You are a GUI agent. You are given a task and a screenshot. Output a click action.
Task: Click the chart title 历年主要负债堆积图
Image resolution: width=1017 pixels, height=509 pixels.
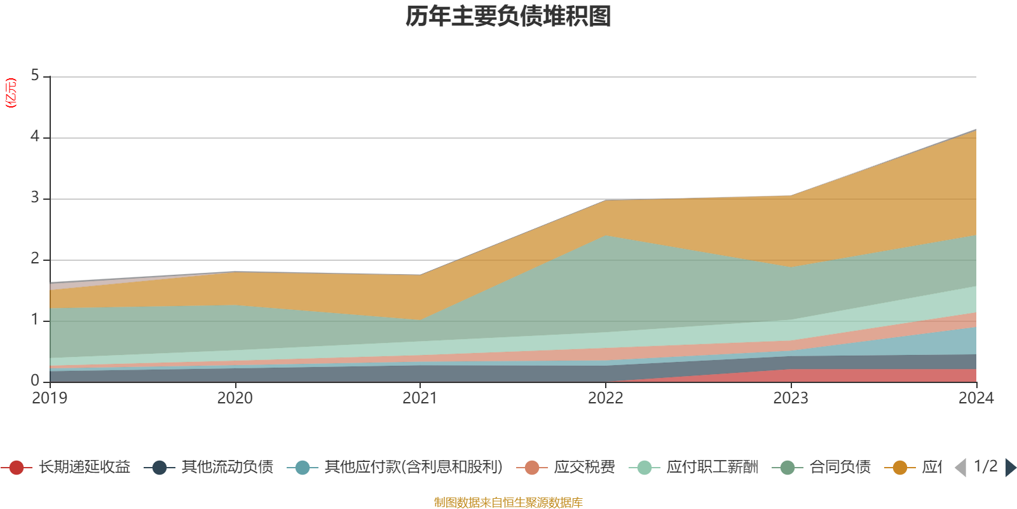tap(508, 17)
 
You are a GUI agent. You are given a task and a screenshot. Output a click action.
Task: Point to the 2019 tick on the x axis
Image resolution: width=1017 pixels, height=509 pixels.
tap(50, 398)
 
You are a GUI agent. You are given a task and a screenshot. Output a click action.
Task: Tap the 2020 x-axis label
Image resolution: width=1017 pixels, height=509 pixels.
tap(235, 398)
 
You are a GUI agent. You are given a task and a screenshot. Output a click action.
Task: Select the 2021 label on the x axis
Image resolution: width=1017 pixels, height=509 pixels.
tap(420, 398)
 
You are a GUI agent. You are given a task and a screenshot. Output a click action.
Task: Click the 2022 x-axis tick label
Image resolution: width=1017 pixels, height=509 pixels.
tap(606, 398)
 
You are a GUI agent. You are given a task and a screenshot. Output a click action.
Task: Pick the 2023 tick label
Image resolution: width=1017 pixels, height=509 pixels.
tap(791, 398)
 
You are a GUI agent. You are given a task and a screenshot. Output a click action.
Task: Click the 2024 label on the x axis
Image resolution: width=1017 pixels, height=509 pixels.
tap(976, 398)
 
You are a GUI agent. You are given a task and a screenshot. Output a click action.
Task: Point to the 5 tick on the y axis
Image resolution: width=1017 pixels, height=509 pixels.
tap(35, 76)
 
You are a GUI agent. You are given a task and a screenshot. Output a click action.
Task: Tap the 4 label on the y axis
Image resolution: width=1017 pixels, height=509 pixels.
tap(35, 137)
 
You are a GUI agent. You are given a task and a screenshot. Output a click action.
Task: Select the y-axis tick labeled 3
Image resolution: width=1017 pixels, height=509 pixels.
tap(35, 198)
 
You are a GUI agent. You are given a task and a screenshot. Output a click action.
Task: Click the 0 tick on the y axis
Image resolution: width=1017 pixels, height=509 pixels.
tap(35, 381)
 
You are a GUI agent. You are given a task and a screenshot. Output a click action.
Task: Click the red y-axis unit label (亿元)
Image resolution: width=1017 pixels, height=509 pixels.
tap(11, 93)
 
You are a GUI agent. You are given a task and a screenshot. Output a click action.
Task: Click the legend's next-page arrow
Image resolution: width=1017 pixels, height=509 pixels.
tap(1010, 468)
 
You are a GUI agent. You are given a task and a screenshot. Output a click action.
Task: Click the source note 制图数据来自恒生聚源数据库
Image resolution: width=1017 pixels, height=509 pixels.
tap(508, 503)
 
